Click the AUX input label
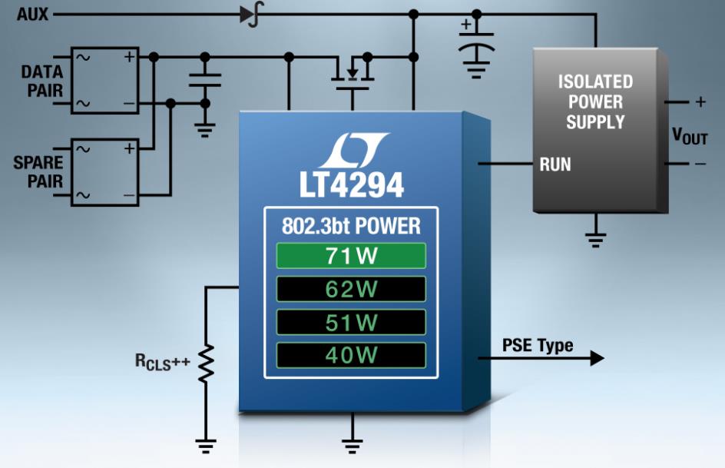click(32, 15)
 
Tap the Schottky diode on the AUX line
click(252, 15)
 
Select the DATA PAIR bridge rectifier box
click(105, 81)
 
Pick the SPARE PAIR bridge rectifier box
click(105, 172)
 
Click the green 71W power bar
click(351, 256)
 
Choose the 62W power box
click(351, 289)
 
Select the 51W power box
click(351, 322)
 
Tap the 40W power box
click(351, 355)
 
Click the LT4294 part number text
click(352, 185)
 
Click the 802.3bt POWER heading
click(352, 226)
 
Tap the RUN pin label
click(555, 164)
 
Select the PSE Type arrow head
click(597, 358)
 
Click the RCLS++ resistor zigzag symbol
click(206, 363)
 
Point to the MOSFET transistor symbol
click(353, 73)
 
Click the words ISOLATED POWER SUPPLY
click(595, 101)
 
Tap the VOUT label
click(690, 137)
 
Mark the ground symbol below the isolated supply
click(595, 239)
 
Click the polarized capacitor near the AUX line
click(477, 41)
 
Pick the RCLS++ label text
click(162, 361)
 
